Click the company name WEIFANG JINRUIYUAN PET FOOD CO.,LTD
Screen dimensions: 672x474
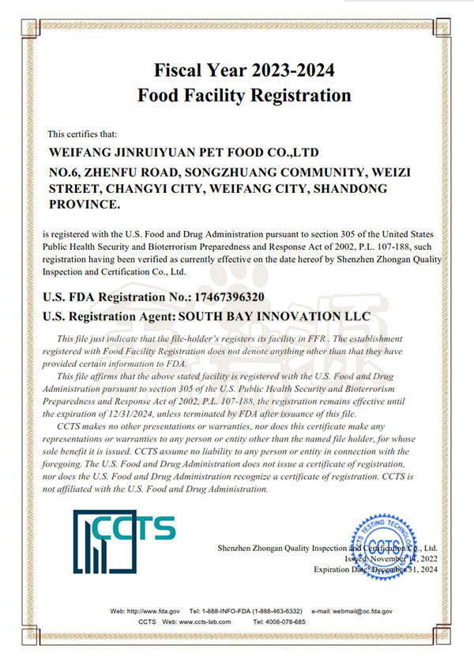[184, 151]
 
